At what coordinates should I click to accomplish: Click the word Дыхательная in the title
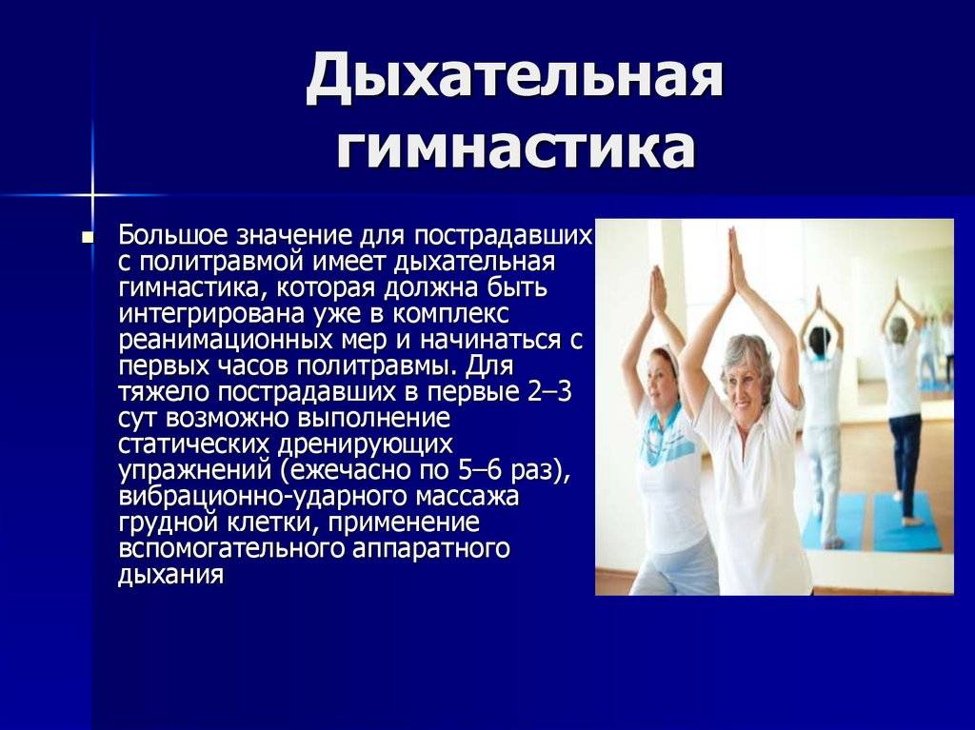click(x=515, y=78)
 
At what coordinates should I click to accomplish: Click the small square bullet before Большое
click(x=88, y=237)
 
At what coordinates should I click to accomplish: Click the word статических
click(x=194, y=444)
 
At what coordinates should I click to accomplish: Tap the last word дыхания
click(x=170, y=575)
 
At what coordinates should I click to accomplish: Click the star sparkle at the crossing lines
click(x=91, y=195)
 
